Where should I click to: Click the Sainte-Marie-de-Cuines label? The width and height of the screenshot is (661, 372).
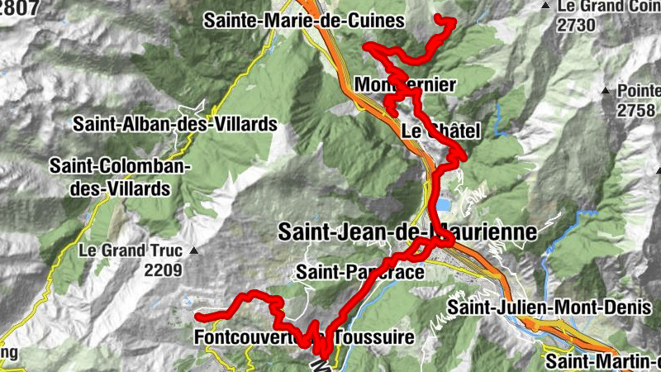pos(304,20)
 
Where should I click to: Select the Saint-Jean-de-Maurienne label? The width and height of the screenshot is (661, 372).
pos(407,232)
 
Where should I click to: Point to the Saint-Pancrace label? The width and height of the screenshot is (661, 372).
pos(360,271)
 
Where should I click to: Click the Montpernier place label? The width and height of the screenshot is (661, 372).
pos(405,84)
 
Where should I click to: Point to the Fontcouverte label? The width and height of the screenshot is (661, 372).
pos(248,337)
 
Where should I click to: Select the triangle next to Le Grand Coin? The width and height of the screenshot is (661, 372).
pos(545,7)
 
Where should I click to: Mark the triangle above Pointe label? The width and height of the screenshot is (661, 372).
pos(606,88)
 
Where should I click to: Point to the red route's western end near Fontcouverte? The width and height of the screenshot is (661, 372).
pos(199,316)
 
